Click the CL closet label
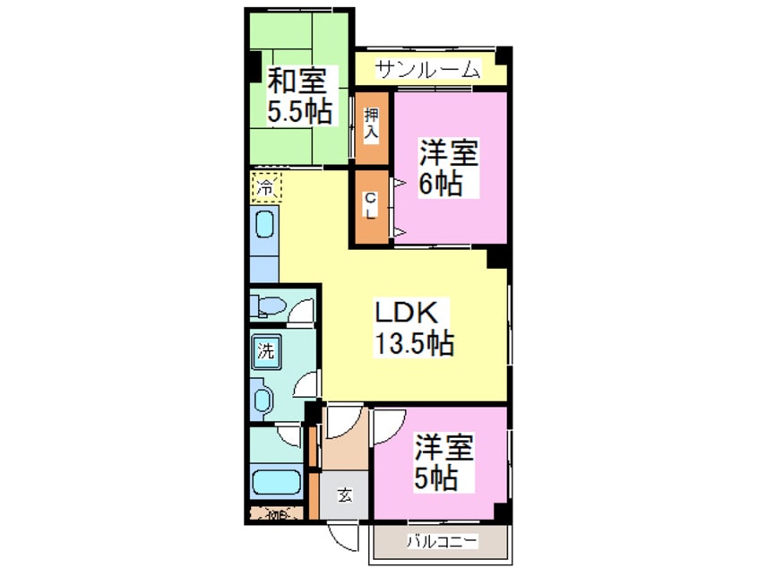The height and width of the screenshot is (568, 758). pos(370,207)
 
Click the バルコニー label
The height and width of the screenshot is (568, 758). pos(442,541)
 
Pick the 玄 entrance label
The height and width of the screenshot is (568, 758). pos(344,494)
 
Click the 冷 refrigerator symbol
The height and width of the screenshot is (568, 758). pos(266,188)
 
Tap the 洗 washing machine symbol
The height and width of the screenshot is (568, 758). pos(266,350)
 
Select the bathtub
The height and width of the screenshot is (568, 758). pos(277,482)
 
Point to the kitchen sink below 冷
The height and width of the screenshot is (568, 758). pos(266,224)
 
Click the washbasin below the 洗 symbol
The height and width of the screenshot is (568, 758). pos(263,399)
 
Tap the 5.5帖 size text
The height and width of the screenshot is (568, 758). pos(300,111)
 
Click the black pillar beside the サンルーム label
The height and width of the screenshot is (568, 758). pos(504,55)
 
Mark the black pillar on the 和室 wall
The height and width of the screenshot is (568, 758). pos(254,65)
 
